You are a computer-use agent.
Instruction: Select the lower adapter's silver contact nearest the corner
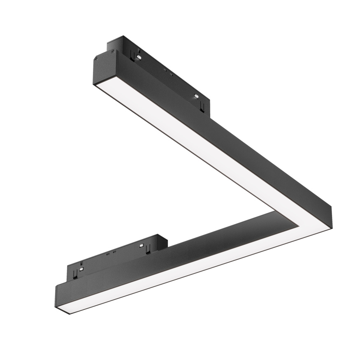point(142,246)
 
